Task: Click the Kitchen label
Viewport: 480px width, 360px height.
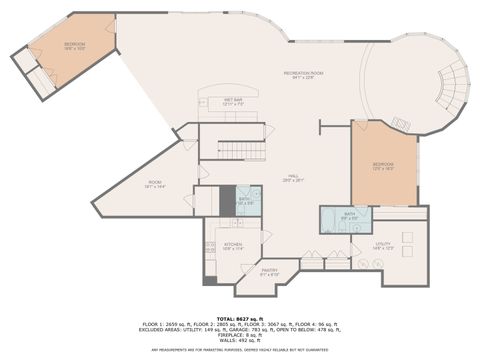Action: tap(231, 245)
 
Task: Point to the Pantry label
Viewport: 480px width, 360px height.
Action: tap(269, 272)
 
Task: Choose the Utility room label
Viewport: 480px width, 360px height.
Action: tap(384, 245)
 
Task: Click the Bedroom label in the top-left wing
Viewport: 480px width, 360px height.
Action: tap(75, 46)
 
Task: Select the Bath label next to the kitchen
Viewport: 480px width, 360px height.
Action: tap(244, 200)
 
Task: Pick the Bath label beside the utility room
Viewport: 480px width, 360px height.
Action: tap(349, 214)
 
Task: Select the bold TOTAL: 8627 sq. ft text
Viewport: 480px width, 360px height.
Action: tap(239, 317)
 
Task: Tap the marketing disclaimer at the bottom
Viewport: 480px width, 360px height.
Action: tap(239, 350)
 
